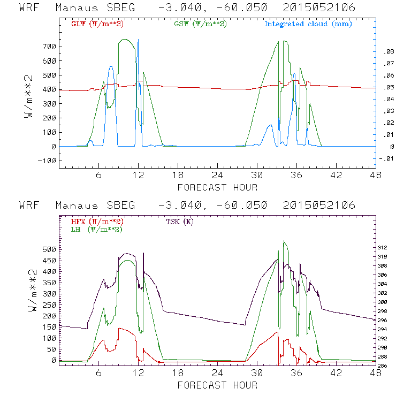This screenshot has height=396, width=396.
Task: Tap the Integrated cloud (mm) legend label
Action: pyautogui.click(x=308, y=24)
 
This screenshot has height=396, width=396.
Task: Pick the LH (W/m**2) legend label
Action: pyautogui.click(x=96, y=229)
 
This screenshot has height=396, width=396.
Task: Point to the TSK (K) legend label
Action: pyautogui.click(x=182, y=222)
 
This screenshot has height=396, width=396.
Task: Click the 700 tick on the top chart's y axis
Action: pyautogui.click(x=48, y=47)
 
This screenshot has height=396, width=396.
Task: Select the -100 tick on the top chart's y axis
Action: pyautogui.click(x=47, y=161)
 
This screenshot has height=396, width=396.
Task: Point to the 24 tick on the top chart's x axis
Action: pyautogui.click(x=217, y=175)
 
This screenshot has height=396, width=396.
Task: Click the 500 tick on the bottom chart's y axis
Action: pyautogui.click(x=48, y=249)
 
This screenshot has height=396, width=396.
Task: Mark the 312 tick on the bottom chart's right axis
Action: pyautogui.click(x=383, y=247)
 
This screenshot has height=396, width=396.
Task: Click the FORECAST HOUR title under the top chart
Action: pyautogui.click(x=217, y=187)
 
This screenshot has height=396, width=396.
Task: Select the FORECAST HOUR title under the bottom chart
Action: pyautogui.click(x=217, y=385)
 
